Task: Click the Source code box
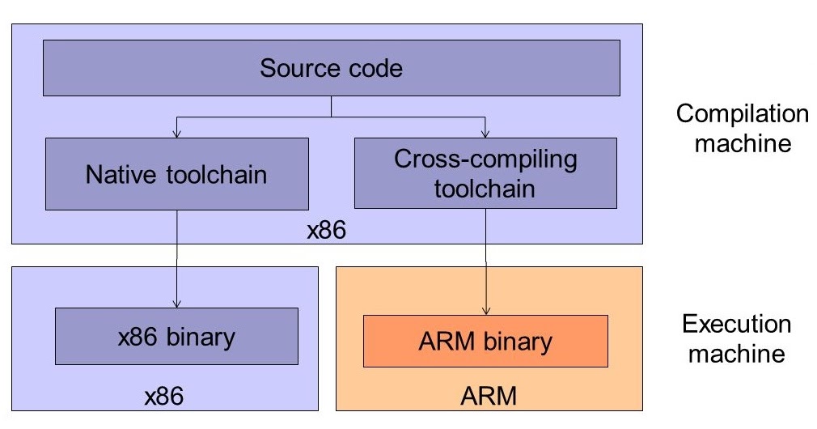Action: (331, 67)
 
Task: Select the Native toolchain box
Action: (176, 174)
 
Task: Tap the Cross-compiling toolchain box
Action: (485, 174)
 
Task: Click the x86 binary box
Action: (176, 336)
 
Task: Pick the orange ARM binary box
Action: (485, 341)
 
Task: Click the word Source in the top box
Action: (294, 68)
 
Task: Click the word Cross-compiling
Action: (485, 159)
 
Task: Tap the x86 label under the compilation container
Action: (327, 231)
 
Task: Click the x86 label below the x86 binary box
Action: (164, 396)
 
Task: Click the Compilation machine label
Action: (742, 130)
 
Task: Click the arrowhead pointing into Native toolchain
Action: (176, 133)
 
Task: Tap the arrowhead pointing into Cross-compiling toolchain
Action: (485, 133)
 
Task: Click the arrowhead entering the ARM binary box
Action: (485, 310)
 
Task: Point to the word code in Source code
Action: (373, 68)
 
